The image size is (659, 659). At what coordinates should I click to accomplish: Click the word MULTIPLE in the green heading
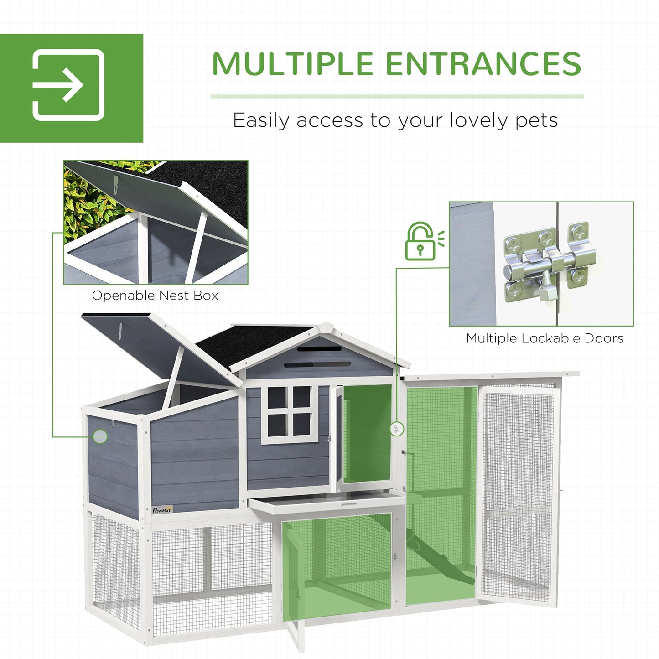[x=293, y=63]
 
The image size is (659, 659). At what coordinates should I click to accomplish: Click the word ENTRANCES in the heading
[x=483, y=63]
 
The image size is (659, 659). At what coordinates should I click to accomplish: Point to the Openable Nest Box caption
[x=155, y=296]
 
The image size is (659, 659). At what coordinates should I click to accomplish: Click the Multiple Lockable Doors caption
[x=545, y=338]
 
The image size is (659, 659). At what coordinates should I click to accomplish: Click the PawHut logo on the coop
[x=162, y=509]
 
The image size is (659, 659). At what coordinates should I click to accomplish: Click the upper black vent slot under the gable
[x=319, y=348]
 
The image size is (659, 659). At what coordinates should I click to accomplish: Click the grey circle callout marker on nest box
[x=100, y=436]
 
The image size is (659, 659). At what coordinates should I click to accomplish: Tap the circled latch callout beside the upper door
[x=397, y=429]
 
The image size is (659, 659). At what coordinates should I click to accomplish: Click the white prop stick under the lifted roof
[x=173, y=379]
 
